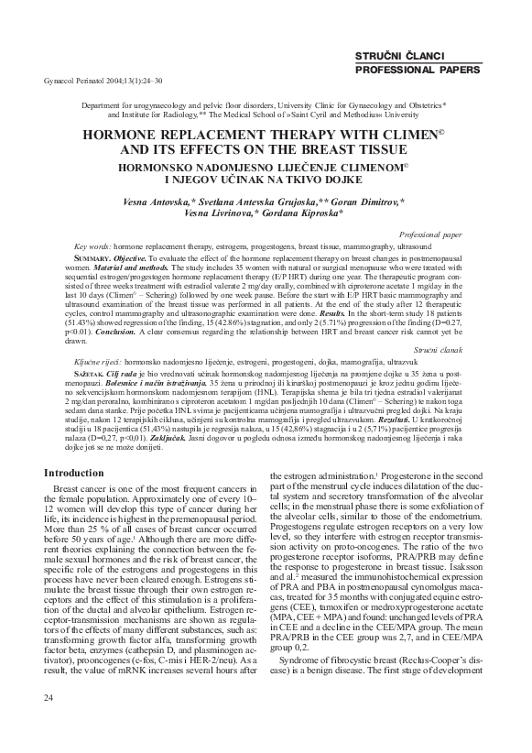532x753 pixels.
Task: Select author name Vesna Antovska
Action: tap(157, 200)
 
